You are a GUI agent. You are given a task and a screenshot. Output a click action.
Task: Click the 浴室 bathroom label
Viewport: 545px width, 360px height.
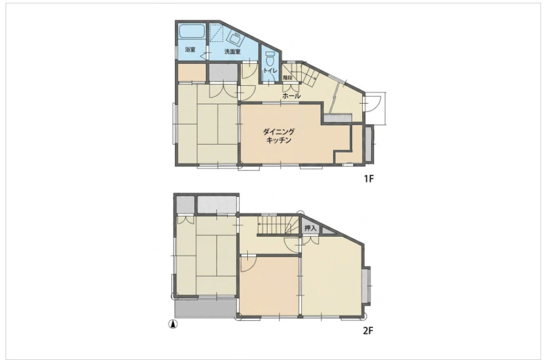coord(190,49)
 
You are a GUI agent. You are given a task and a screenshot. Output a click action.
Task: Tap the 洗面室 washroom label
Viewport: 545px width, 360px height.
coord(232,52)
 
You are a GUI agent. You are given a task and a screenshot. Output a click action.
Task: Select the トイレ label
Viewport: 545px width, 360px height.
coord(270,71)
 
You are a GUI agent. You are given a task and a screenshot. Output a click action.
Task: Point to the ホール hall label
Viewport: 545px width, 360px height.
coord(291,96)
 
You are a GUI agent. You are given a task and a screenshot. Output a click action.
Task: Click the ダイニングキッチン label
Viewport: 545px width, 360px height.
coord(279,136)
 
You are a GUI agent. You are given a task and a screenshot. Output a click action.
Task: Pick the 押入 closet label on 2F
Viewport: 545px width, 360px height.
coord(310,228)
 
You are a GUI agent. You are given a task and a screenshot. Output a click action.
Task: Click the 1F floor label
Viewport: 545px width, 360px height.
coord(368,179)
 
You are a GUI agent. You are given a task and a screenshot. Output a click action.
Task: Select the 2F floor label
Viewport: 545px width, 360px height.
coord(368,330)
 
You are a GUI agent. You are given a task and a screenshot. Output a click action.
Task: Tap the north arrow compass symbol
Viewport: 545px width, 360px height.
coord(173,325)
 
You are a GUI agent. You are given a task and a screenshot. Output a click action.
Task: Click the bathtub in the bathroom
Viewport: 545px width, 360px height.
coord(192,33)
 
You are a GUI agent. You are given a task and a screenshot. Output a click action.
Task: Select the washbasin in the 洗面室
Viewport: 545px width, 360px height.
coord(235,38)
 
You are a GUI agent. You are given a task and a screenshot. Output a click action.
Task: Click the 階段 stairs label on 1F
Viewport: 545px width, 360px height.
coord(287,77)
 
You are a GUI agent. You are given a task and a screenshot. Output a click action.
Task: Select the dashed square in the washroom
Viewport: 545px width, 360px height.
coord(215,33)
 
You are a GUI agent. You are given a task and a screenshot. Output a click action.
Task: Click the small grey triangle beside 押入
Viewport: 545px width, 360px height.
coord(327,230)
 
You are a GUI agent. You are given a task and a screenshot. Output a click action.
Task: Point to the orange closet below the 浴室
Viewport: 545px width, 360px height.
coord(192,73)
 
